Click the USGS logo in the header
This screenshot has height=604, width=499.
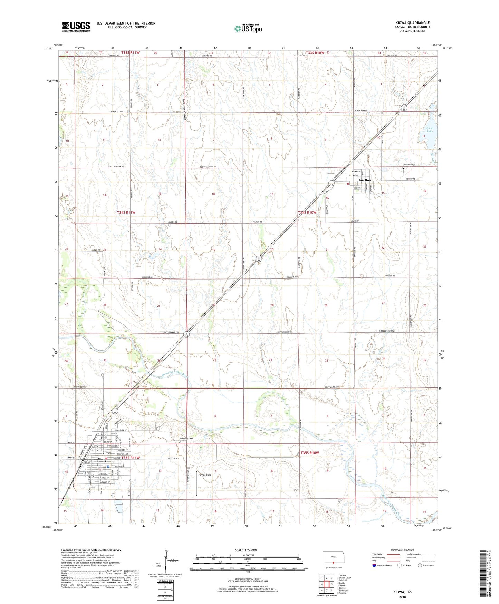[x=76, y=27]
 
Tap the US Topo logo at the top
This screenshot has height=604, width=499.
[x=248, y=28]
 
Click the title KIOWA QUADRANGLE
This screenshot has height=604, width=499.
[x=412, y=23]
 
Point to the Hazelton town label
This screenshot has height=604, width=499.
[x=364, y=180]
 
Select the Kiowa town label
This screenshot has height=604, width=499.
[x=107, y=453]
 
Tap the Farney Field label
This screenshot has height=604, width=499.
[x=205, y=475]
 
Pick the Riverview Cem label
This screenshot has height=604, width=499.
[x=186, y=439]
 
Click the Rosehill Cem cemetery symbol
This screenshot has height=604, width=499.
[x=403, y=168]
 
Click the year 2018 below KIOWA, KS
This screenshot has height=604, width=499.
[x=402, y=597]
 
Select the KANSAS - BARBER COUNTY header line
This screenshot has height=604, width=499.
[x=413, y=27]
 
